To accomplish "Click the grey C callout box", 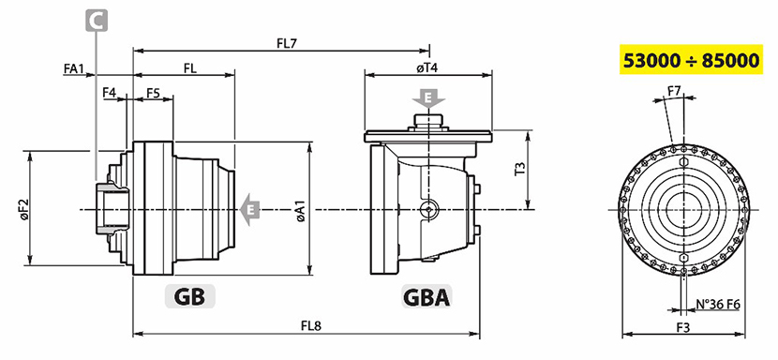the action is (97, 22).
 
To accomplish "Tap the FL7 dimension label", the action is (286, 44).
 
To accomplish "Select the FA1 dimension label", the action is (73, 69).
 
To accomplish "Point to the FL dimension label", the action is (190, 69).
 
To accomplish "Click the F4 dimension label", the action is (109, 93).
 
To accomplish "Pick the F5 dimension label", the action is (153, 93).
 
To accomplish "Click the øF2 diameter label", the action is (24, 209).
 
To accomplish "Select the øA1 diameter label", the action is (300, 210).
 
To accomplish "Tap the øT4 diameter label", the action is (426, 68).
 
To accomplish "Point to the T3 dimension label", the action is (519, 169).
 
